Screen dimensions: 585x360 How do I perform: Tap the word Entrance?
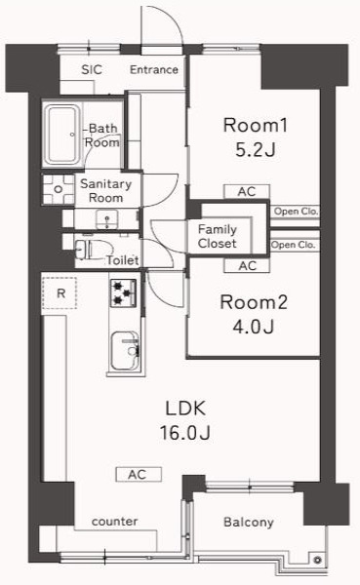154,69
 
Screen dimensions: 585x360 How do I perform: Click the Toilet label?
122,260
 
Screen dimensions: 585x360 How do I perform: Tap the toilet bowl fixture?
85,249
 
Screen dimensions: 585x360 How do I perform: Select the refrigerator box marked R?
60,293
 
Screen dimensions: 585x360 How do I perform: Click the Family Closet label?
218,236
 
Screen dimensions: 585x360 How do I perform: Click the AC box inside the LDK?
138,475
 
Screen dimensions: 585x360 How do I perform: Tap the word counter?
114,522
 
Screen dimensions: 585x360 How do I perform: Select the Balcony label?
249,523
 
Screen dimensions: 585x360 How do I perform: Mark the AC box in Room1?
246,192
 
